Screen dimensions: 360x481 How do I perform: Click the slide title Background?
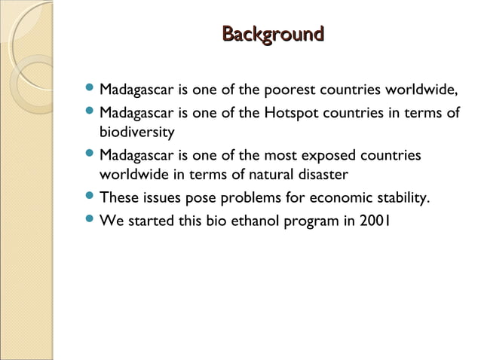tap(273, 35)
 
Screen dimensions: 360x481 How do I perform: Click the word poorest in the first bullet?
tap(286, 93)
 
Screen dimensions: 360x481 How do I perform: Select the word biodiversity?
tap(137, 133)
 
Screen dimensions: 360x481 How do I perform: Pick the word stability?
tap(403, 199)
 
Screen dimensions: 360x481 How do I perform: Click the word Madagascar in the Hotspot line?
tap(137, 114)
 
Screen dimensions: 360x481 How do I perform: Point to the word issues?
tap(161, 199)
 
